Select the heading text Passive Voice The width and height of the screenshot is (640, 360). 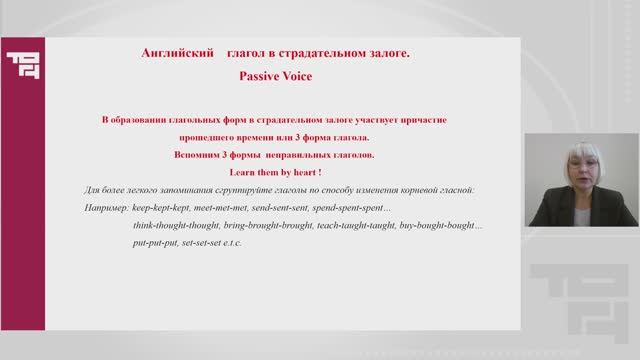click(x=271, y=74)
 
